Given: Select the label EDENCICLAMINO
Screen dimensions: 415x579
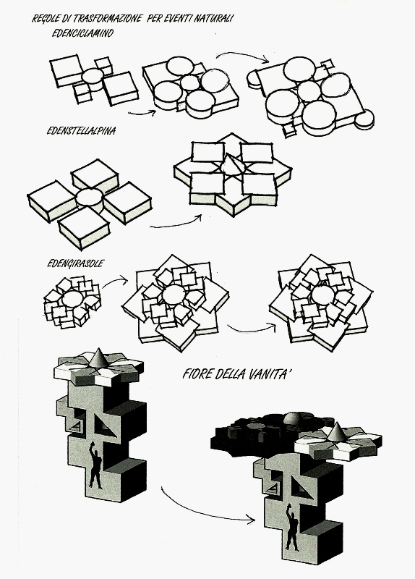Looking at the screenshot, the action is [x=82, y=33].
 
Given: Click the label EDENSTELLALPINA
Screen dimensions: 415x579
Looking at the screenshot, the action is [x=81, y=131].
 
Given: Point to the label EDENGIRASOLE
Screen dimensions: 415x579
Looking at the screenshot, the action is [x=76, y=263].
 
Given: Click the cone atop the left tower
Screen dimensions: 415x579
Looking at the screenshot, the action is [x=99, y=358].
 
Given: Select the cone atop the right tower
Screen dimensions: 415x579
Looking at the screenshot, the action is [x=337, y=432].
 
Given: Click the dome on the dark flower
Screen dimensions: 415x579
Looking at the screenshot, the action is [x=294, y=418].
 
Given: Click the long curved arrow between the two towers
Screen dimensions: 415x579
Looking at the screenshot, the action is [x=200, y=512].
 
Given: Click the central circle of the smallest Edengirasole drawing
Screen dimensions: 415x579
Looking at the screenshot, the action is [x=73, y=298].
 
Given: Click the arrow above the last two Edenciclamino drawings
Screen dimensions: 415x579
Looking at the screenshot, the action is [x=242, y=55].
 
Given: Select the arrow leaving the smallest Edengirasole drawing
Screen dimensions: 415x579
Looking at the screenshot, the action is [x=115, y=282].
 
